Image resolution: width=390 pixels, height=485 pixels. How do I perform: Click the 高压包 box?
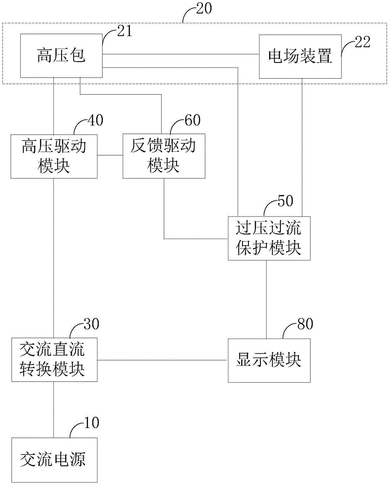pos(61,56)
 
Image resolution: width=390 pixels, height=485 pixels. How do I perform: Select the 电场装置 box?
pos(300,56)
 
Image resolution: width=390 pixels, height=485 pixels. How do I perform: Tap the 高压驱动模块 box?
pos(54,156)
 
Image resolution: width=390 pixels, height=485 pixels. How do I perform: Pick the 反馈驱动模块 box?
pos(164,156)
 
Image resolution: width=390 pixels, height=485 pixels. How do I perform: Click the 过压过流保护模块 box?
pos(269,238)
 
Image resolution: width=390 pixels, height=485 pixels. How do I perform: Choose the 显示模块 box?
pos(269,360)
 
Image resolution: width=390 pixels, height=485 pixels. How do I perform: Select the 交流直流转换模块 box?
pos(54,359)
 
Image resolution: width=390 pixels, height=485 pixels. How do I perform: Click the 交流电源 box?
pos(54,460)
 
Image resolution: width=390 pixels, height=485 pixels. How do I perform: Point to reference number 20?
pos(204,8)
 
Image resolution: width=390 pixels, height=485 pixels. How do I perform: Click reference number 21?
pos(124,31)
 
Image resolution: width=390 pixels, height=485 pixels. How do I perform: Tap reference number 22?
pos(362,42)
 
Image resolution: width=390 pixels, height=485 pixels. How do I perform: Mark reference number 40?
pos(95,120)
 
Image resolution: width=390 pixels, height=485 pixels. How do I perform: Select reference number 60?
pos(193,120)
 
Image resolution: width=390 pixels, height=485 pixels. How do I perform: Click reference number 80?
pos(305,324)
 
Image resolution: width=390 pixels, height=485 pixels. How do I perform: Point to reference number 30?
pos(91,324)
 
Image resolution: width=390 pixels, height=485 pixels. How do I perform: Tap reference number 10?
pos(91,422)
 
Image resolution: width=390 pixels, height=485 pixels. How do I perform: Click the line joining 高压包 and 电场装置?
pos(180,54)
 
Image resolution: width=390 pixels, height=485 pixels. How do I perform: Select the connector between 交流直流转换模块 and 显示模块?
pos(162,360)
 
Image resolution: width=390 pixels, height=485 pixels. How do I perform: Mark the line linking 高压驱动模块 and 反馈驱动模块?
pos(110,155)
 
